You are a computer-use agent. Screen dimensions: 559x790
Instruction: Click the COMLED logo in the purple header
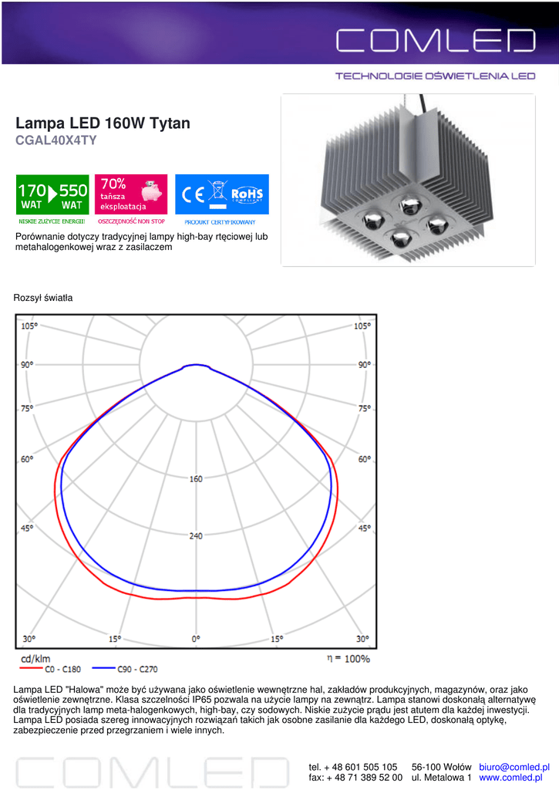pos(436,40)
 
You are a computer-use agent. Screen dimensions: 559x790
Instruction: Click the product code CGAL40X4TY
pos(56,140)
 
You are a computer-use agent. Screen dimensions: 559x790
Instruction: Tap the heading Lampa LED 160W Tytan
pos(103,123)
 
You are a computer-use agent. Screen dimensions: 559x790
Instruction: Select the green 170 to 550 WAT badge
pos(52,194)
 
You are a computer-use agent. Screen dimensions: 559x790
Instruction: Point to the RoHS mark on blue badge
pos(247,194)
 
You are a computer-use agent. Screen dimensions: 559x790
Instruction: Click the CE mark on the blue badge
pos(193,194)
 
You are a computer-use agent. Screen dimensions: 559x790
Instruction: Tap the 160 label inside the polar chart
pos(196,478)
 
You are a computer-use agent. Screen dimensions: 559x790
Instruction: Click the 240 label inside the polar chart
pos(196,535)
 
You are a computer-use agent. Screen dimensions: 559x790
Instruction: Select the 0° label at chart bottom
pos(196,638)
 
